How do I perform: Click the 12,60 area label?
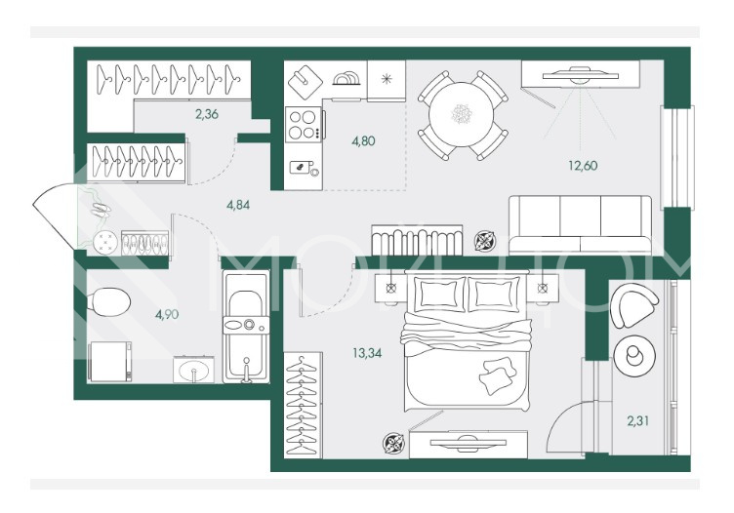pyautogui.click(x=583, y=166)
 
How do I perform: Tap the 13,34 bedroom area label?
pyautogui.click(x=367, y=353)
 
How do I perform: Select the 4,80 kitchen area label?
pyautogui.click(x=363, y=140)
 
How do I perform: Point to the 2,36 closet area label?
pyautogui.click(x=207, y=114)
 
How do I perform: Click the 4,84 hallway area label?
pyautogui.click(x=238, y=205)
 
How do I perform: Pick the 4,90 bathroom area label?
pyautogui.click(x=167, y=314)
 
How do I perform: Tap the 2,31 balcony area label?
pyautogui.click(x=638, y=421)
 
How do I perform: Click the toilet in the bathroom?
pyautogui.click(x=110, y=301)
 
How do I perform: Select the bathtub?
pyautogui.click(x=246, y=327)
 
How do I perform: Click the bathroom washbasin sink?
pyautogui.click(x=194, y=370)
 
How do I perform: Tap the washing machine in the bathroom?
pyautogui.click(x=110, y=362)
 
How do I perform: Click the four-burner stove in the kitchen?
pyautogui.click(x=305, y=125)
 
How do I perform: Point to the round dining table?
pyautogui.click(x=461, y=114)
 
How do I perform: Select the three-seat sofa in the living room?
pyautogui.click(x=580, y=225)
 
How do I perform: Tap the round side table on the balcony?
pyautogui.click(x=634, y=356)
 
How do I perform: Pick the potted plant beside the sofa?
pyautogui.click(x=485, y=241)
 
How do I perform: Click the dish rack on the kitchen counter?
pyautogui.click(x=347, y=79)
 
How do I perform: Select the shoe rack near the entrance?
pyautogui.click(x=144, y=243)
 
